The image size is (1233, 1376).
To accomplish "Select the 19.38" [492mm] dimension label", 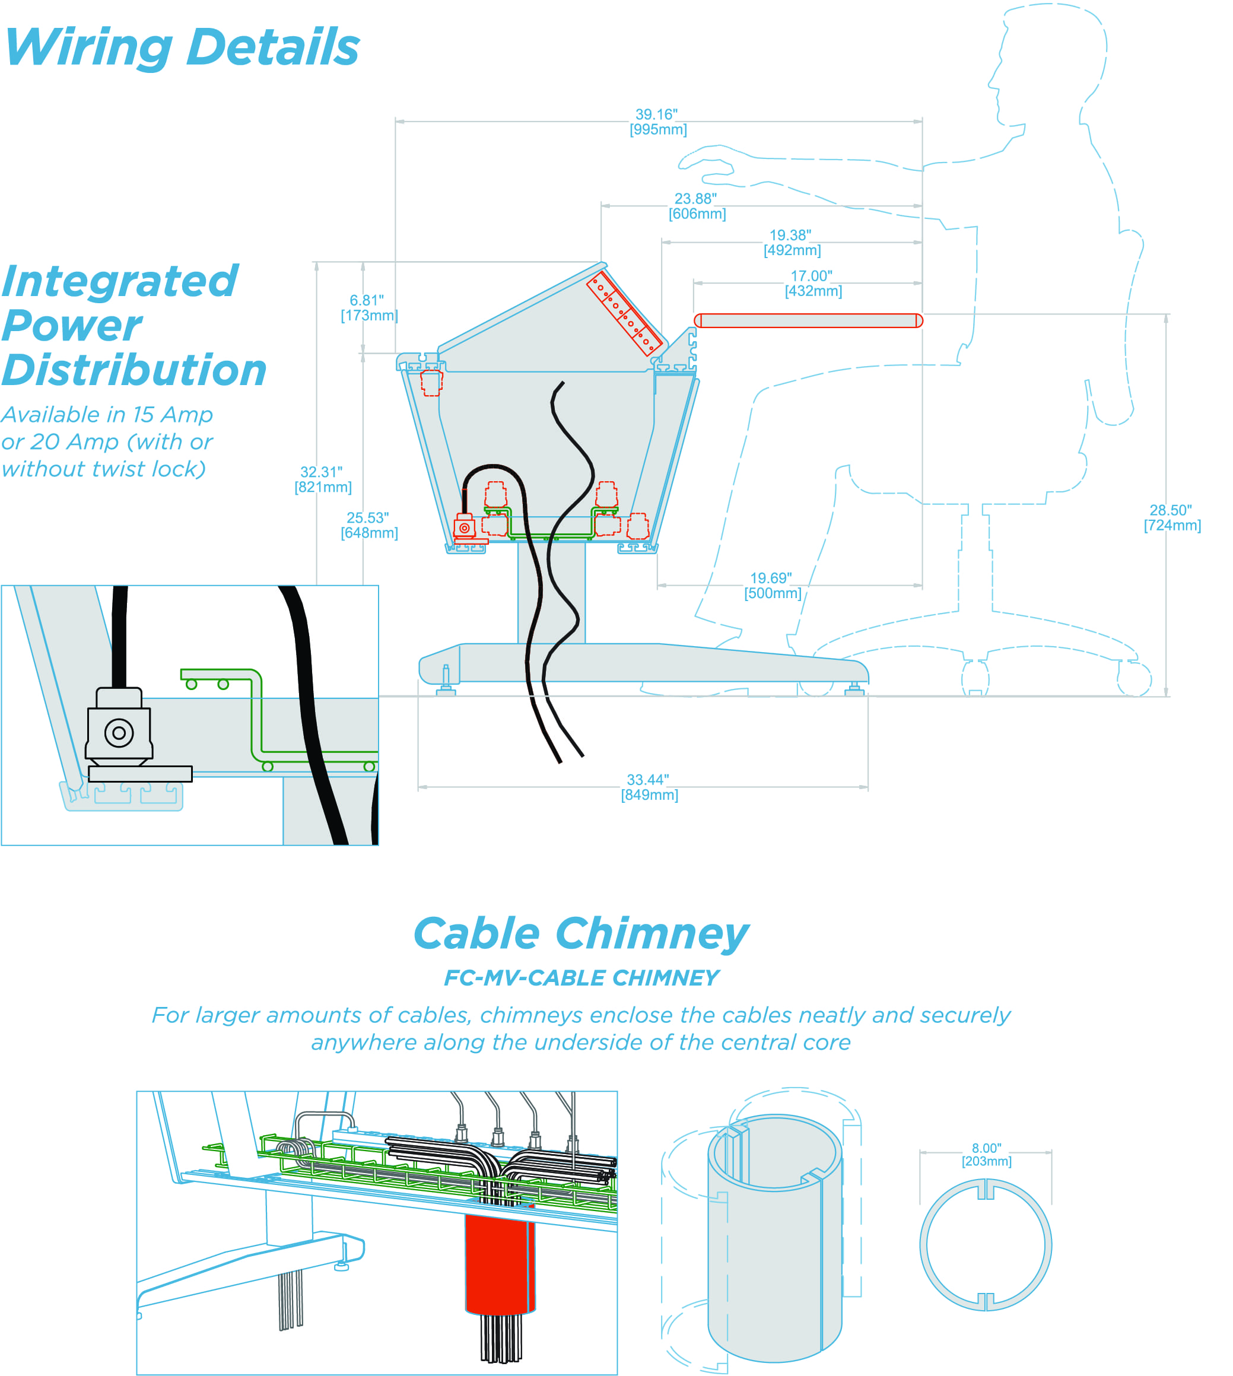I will (792, 243).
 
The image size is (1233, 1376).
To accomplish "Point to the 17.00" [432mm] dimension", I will (812, 283).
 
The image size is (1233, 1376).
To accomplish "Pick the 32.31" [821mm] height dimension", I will (322, 479).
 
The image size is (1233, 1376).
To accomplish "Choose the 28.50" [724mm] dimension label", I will (1171, 517).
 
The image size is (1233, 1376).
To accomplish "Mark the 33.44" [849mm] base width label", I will (649, 787).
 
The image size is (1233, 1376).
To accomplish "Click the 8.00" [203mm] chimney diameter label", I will (986, 1155).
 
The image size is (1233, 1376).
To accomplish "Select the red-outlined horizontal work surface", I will (808, 320).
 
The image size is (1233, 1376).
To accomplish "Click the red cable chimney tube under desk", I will (500, 1263).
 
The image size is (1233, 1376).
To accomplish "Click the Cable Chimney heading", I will (580, 935).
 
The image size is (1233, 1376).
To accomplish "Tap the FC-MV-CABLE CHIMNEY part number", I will (580, 978).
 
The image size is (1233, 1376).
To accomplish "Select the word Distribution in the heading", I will (134, 371).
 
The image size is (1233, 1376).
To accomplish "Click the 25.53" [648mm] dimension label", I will (368, 525).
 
